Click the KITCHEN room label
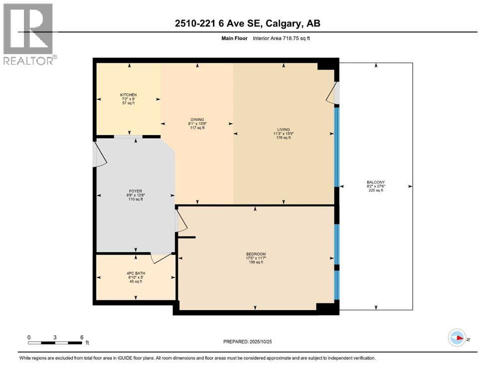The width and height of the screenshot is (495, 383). point(128,95)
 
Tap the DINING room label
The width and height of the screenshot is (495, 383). point(196,119)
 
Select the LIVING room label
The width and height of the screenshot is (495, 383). point(283,129)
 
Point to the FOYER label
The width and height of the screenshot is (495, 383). point(135,191)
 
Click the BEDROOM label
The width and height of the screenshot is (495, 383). point(255,253)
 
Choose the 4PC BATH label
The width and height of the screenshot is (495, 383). point(135,273)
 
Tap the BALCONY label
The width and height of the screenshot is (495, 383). point(376,182)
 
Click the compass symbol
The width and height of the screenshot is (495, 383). point(457,338)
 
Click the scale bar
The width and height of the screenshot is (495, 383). point(55,343)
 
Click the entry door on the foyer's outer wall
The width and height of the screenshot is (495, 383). point(100,155)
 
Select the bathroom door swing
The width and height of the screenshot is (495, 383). point(161,258)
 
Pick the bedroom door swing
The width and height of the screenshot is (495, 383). point(181,221)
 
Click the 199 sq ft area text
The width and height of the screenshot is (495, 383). point(255,262)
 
